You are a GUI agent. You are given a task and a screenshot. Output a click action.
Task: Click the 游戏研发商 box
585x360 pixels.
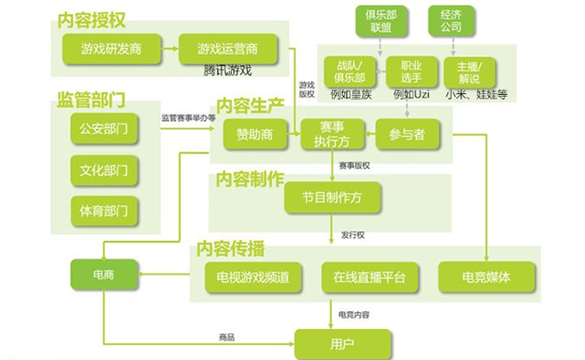pos(110,47)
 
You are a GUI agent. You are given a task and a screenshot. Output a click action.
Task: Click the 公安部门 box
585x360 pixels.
pos(105,128)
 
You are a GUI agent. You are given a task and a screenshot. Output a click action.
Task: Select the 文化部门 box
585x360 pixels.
pos(105,170)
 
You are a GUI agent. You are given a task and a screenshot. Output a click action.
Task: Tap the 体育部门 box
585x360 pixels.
pos(105,212)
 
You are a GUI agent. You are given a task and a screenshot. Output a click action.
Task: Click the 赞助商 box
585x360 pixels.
pos(254,134)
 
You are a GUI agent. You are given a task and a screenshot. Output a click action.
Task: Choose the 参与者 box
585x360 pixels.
pos(407,134)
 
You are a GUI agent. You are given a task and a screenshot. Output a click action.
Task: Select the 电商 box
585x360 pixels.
pos(105,275)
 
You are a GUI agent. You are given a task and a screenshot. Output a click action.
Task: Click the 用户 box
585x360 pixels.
pos(342,342)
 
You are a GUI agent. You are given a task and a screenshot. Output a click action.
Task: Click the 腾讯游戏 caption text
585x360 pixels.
pos(227,69)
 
